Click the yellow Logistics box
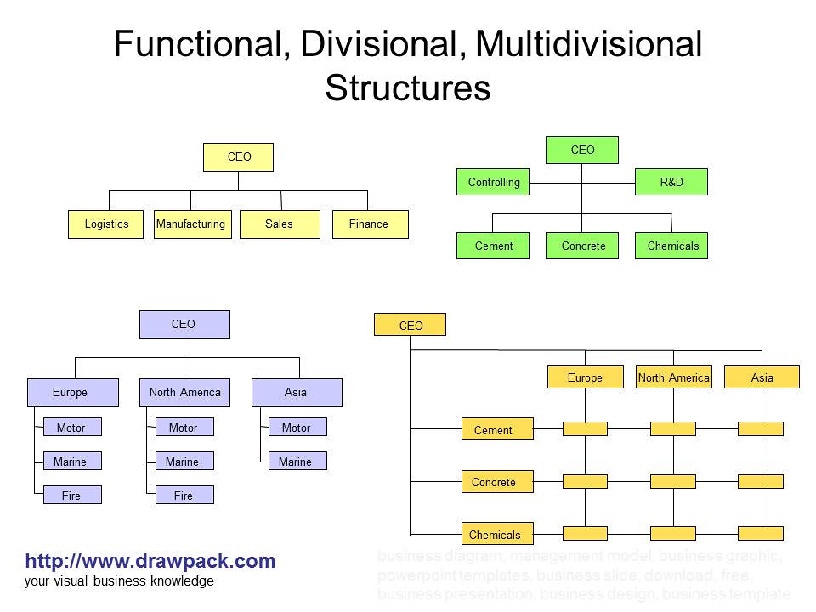105,224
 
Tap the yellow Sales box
279,224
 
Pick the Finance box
370,224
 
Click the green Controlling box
494,182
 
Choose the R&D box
671,182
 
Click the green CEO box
582,150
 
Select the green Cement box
494,246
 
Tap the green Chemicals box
671,246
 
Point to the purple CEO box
184,325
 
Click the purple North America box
184,392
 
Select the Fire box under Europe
72,495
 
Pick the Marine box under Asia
297,462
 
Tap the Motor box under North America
184,428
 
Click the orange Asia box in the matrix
762,377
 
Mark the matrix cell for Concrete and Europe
585,482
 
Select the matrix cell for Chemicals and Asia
760,534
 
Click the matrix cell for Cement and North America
672,429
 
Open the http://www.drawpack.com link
150,561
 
